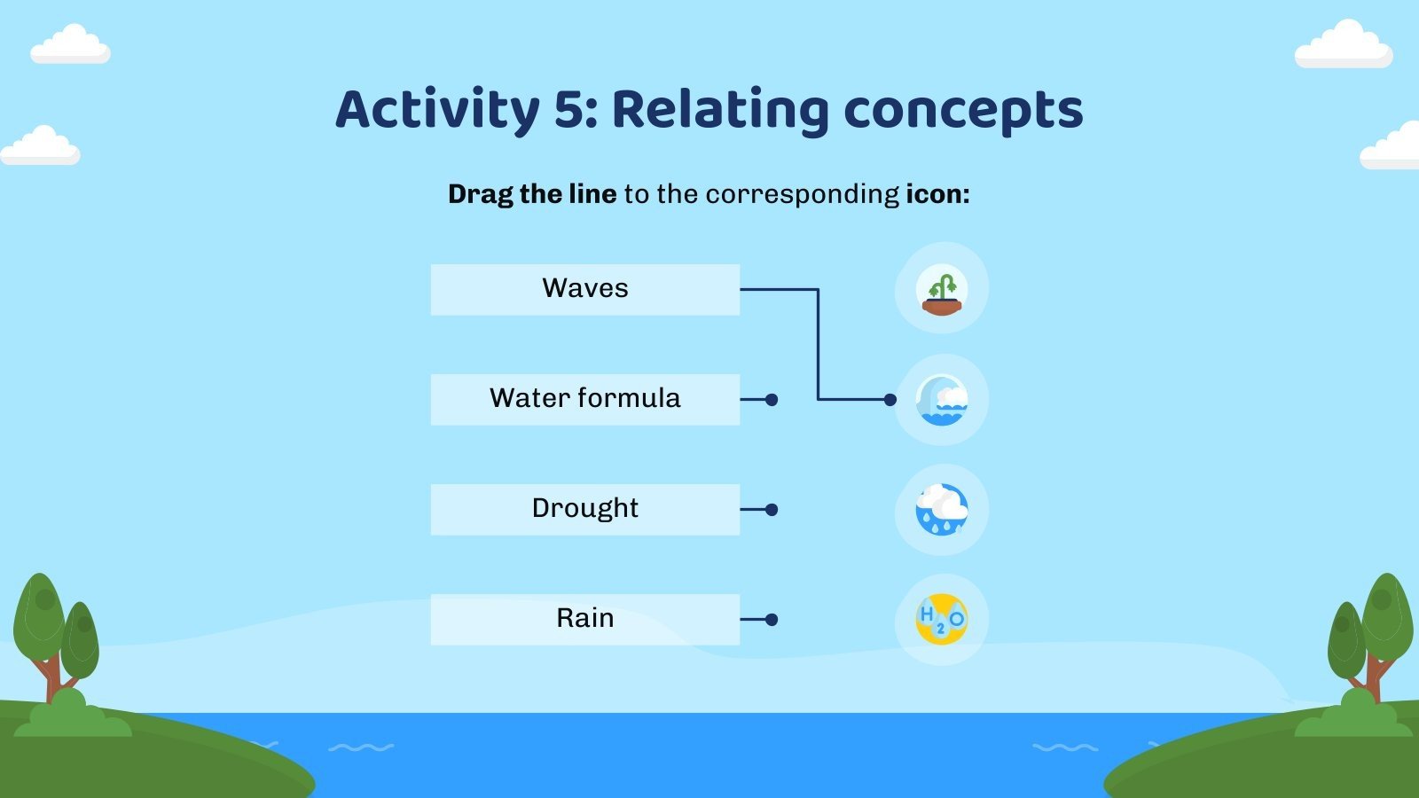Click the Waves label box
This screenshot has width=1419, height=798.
(x=584, y=289)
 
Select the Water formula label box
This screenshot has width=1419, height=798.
(x=584, y=399)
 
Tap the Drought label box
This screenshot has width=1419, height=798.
(x=584, y=509)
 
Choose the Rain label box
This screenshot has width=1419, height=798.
(x=584, y=619)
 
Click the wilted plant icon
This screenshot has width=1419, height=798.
(x=941, y=289)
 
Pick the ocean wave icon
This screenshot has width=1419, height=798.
(x=941, y=400)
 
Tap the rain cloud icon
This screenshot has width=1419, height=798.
(x=941, y=510)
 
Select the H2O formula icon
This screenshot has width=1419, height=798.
(x=941, y=619)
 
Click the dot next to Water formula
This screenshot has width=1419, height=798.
(x=772, y=400)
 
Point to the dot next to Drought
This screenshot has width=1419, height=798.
(x=772, y=510)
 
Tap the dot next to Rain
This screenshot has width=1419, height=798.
(x=772, y=620)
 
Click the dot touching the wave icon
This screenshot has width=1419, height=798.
(x=890, y=400)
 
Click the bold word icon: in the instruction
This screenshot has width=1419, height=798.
(x=937, y=193)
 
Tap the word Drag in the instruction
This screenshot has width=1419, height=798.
(x=480, y=194)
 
